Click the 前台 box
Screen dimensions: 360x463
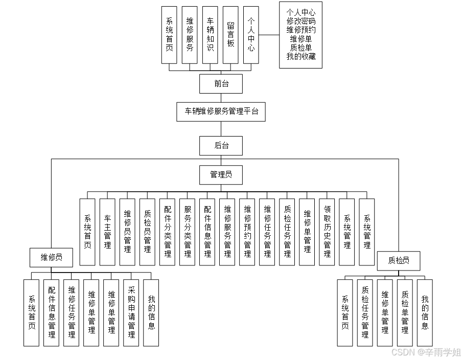pos(221,83)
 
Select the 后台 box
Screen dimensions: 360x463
pos(221,145)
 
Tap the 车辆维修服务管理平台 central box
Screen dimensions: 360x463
pos(221,111)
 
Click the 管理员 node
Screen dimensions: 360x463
pos(221,175)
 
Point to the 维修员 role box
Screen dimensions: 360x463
pos(52,257)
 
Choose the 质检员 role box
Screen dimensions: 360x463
pos(399,260)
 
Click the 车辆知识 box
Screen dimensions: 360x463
pos(210,35)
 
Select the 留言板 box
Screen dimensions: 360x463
pos(230,35)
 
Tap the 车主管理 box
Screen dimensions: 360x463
pos(107,232)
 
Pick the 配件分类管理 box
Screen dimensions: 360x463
pos(168,232)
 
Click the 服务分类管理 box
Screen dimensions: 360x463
pos(188,232)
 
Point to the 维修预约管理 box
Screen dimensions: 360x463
pos(247,232)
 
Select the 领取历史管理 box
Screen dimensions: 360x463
pos(327,232)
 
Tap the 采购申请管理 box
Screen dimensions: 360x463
pos(131,312)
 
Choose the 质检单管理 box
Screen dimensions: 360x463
pos(405,312)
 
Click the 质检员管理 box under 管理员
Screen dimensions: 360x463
pos(148,232)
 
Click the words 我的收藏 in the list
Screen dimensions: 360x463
pos(301,56)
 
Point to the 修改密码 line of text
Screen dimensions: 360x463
pos(301,21)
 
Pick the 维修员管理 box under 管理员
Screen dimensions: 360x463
pos(128,232)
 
